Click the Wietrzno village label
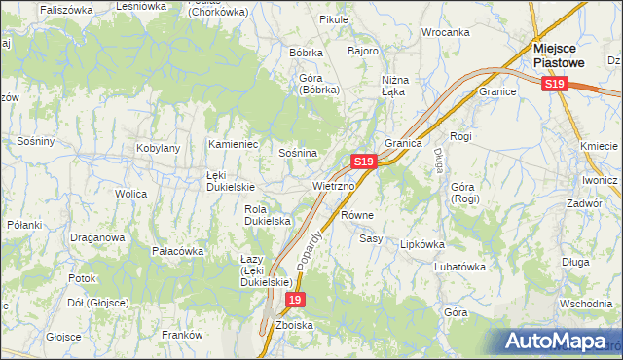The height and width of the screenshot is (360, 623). click(x=333, y=185)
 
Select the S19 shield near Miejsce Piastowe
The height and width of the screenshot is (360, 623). click(x=554, y=85)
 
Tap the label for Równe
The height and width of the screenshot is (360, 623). click(x=358, y=214)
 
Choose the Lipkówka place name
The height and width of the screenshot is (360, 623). click(x=421, y=244)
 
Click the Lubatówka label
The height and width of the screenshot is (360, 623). click(x=459, y=266)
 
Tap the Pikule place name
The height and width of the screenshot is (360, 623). click(x=306, y=19)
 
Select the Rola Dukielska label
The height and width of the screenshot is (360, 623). click(x=269, y=215)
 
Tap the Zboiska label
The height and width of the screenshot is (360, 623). click(x=294, y=325)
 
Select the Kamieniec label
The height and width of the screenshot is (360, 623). click(x=233, y=144)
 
